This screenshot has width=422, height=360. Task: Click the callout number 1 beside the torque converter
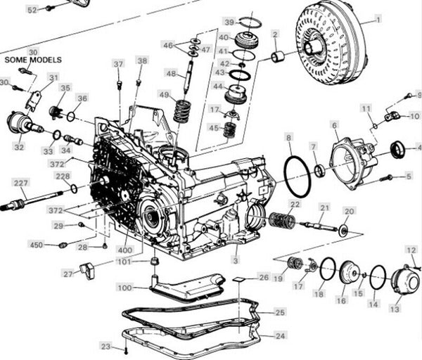click(378, 20)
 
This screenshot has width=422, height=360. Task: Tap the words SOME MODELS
click(33, 60)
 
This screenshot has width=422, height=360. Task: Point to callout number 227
click(20, 183)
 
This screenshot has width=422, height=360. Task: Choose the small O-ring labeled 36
click(70, 117)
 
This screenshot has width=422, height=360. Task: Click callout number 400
click(125, 250)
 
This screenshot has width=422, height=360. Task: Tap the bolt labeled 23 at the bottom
click(126, 350)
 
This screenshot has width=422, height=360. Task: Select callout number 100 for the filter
click(125, 288)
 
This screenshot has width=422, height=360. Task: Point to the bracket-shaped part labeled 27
click(88, 271)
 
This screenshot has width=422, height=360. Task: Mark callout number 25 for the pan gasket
click(280, 312)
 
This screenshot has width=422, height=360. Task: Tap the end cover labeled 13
click(404, 281)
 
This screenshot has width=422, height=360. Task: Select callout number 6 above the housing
click(334, 125)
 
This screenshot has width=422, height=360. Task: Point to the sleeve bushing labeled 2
click(278, 57)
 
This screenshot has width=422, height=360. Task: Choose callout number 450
click(37, 245)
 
